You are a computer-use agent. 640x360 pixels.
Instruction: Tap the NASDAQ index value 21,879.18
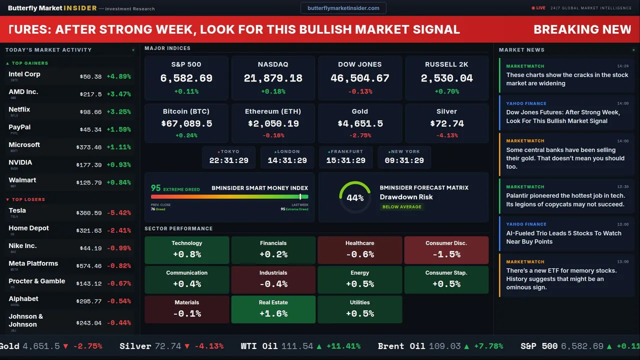pyautogui.click(x=273, y=78)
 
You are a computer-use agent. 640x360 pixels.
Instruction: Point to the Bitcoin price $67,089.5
pyautogui.click(x=186, y=123)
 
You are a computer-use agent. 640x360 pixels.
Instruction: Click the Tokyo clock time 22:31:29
pyautogui.click(x=228, y=160)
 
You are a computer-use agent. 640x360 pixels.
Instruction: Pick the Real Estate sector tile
pyautogui.click(x=273, y=309)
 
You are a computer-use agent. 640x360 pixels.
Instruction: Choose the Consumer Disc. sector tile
pyautogui.click(x=446, y=250)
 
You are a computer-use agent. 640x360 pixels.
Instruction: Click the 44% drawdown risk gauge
pyautogui.click(x=355, y=197)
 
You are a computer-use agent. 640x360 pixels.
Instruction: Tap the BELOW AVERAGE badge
pyautogui.click(x=401, y=206)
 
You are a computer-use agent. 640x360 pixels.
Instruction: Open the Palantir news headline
pyautogui.click(x=565, y=200)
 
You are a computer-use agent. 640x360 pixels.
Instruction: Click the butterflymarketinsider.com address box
pyautogui.click(x=343, y=8)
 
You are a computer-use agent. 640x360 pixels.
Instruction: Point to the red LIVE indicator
pyautogui.click(x=538, y=8)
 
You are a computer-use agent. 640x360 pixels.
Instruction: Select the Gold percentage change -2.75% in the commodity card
pyautogui.click(x=360, y=135)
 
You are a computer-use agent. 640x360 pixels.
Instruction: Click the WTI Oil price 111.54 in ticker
pyautogui.click(x=297, y=346)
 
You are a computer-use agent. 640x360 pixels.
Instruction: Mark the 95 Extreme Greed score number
pyautogui.click(x=156, y=188)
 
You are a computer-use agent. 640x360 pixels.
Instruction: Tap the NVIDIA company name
pyautogui.click(x=20, y=162)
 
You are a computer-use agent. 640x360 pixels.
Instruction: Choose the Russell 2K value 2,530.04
pyautogui.click(x=446, y=78)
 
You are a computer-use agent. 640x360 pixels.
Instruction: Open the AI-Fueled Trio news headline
pyautogui.click(x=563, y=237)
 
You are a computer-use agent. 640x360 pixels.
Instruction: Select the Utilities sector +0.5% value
pyautogui.click(x=360, y=313)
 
